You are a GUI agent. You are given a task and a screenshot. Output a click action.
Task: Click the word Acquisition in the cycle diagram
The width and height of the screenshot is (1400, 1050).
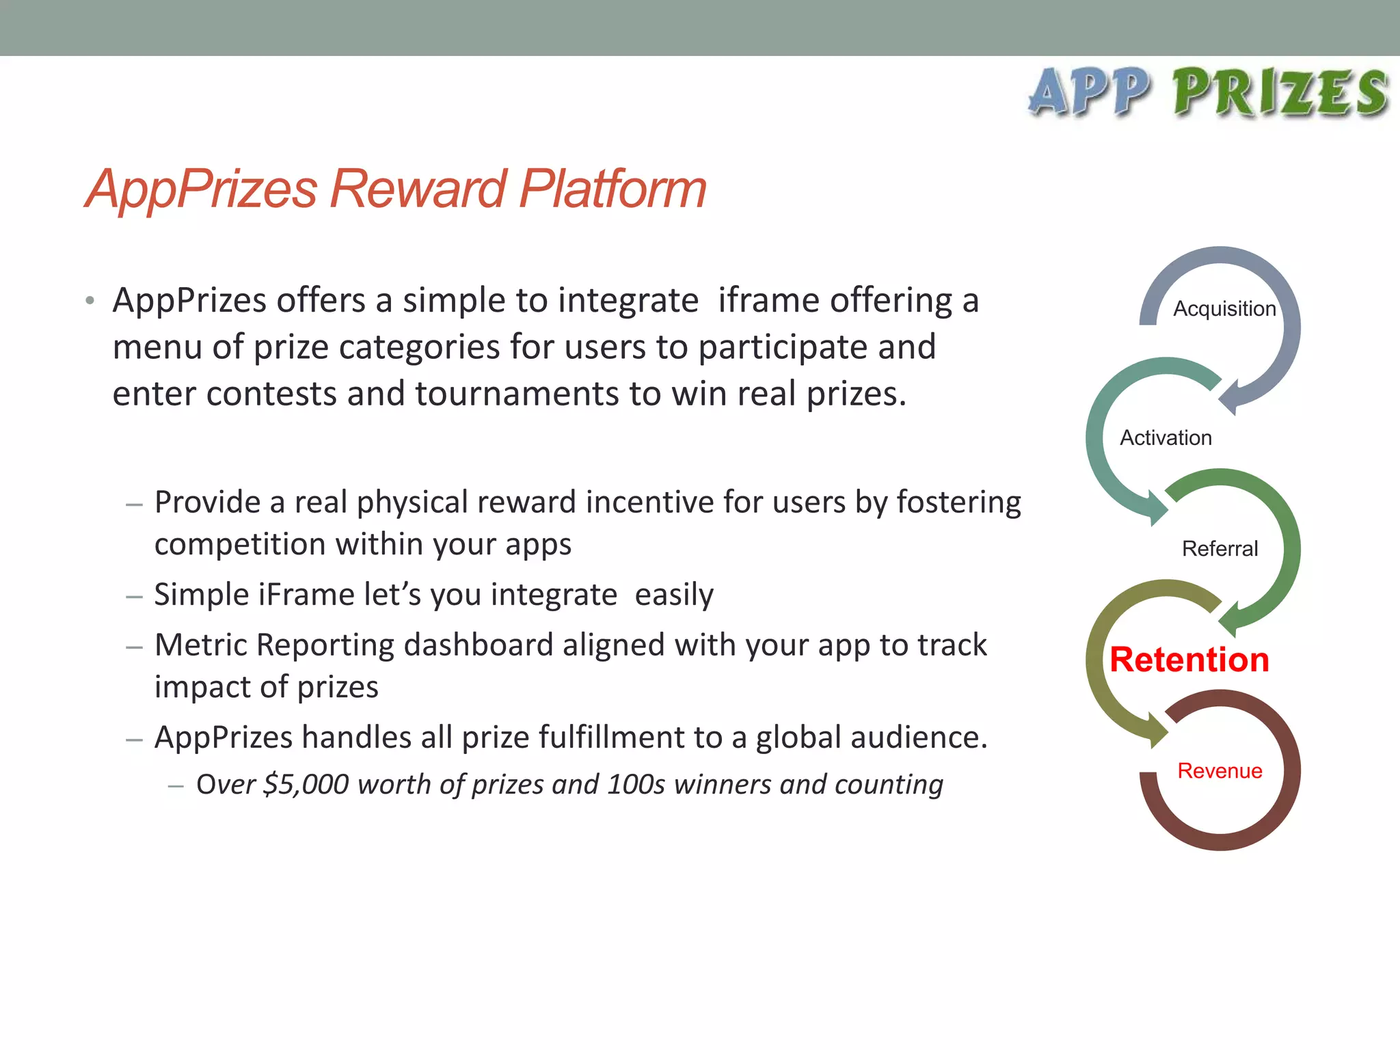1224,309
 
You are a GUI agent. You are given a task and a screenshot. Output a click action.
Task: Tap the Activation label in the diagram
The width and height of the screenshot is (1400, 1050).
1166,437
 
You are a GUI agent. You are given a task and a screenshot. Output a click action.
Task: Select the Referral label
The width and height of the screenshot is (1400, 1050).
1220,548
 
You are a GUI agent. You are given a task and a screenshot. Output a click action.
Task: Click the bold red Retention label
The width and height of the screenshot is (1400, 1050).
1189,660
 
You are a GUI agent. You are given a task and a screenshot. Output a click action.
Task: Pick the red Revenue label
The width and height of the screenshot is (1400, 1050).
1220,770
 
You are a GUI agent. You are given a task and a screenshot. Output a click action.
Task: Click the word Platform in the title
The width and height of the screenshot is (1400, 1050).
612,189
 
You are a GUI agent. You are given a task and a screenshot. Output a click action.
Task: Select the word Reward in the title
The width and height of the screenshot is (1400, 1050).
418,189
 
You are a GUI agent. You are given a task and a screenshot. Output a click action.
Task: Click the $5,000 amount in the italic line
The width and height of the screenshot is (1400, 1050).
306,784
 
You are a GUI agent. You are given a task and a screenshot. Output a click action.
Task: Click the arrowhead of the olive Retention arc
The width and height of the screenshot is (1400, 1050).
1158,731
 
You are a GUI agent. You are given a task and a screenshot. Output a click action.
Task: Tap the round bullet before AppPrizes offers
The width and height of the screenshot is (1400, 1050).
90,301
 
